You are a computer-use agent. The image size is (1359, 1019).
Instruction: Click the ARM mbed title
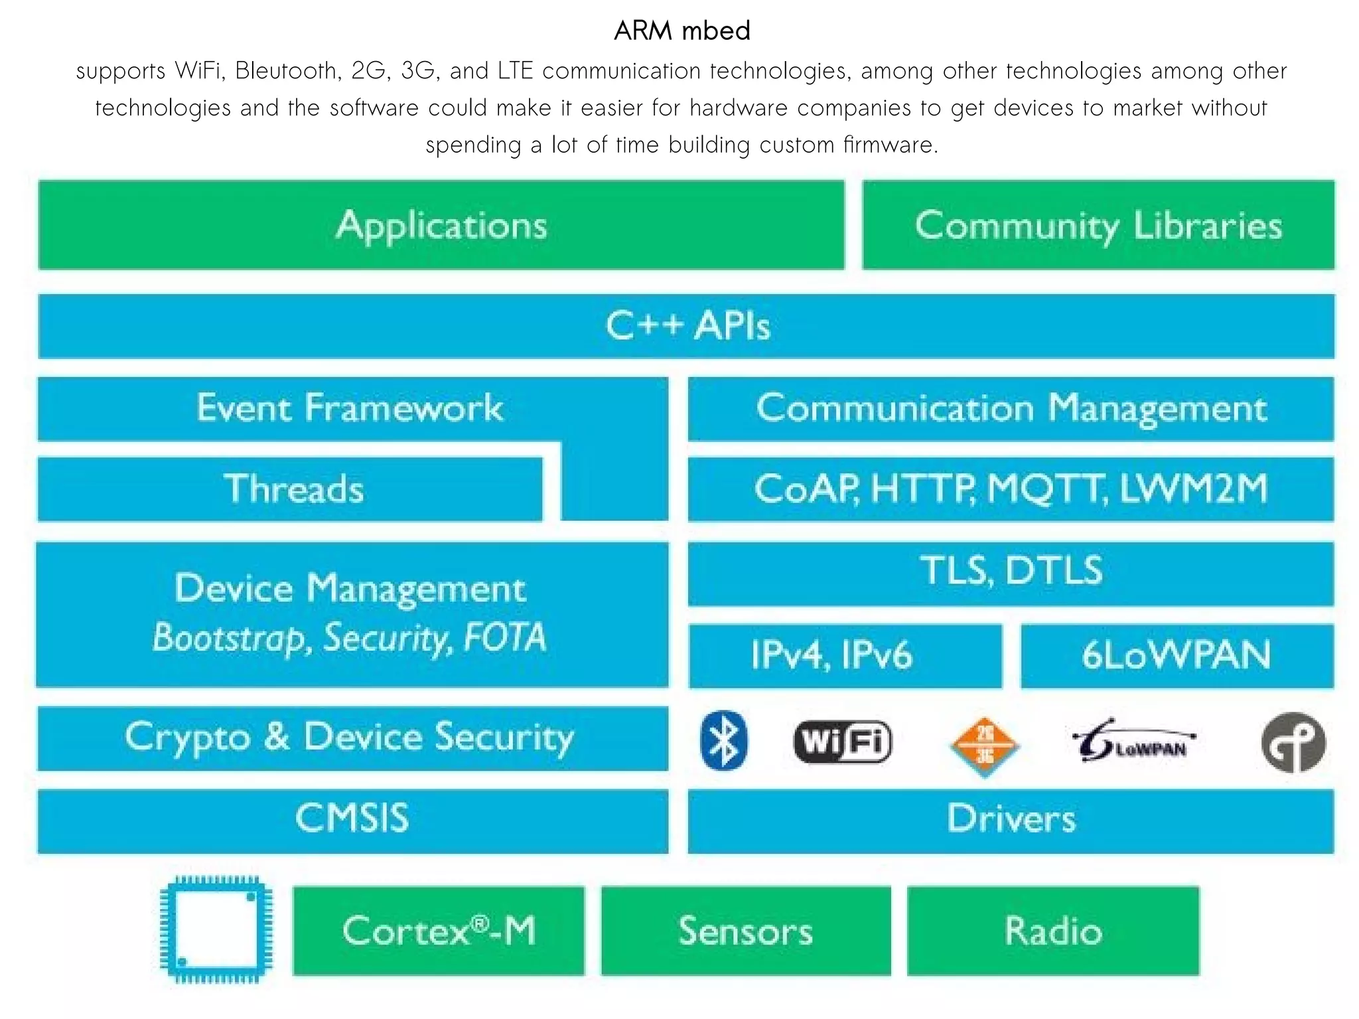(681, 31)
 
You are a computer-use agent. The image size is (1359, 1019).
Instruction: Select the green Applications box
(441, 225)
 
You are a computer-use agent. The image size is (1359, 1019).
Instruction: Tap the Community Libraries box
(1098, 225)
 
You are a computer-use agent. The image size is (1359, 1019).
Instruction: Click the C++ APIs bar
(686, 326)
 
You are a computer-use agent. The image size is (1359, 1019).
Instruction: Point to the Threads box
(291, 489)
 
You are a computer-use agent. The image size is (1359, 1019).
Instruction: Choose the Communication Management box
(1011, 408)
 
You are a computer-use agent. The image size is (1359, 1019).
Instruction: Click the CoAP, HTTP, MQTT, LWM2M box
(1011, 489)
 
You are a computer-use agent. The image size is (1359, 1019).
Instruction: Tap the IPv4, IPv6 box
(845, 655)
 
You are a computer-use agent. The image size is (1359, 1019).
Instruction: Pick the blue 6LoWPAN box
(1177, 655)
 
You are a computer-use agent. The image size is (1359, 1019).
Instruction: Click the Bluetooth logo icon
(723, 741)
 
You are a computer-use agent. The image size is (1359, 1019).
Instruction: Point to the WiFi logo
(843, 741)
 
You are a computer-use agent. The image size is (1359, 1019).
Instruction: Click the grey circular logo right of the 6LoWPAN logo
(1293, 743)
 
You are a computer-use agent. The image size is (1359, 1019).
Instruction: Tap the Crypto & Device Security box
(352, 738)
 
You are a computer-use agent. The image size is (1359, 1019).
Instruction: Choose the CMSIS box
(352, 821)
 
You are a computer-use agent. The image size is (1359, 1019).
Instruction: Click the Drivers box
(1011, 821)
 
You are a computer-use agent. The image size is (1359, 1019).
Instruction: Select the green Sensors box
(746, 931)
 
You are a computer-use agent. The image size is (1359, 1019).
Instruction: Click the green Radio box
(1053, 931)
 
